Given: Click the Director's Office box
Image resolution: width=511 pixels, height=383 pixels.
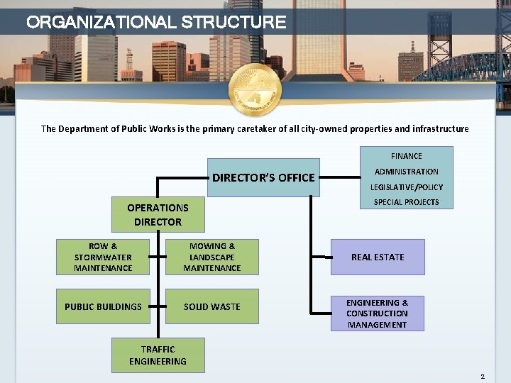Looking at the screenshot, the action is click(x=263, y=177).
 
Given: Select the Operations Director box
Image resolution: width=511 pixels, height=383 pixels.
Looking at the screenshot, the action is click(x=158, y=215).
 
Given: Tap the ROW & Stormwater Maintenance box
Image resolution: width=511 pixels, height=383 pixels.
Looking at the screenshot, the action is click(x=103, y=257).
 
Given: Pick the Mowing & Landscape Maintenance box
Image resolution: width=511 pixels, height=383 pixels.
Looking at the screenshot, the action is click(x=211, y=257).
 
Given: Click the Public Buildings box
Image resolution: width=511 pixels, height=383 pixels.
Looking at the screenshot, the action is click(x=103, y=306).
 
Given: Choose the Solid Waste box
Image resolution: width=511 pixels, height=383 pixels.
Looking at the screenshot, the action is click(x=211, y=306).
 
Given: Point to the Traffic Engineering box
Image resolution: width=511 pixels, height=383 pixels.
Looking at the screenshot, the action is click(x=158, y=355).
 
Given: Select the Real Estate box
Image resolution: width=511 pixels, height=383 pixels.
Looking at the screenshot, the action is click(x=378, y=257).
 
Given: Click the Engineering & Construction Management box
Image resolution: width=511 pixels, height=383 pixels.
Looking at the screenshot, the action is click(x=378, y=313).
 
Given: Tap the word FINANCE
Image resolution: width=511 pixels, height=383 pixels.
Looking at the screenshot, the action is click(x=406, y=156).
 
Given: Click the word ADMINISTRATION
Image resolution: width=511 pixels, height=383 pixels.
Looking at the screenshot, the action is click(x=406, y=172).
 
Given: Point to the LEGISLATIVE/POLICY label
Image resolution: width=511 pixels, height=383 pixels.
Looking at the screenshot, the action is click(x=406, y=187).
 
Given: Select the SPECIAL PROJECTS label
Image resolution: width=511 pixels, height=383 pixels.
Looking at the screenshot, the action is click(x=406, y=202).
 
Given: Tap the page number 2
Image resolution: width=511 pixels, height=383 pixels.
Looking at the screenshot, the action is click(x=482, y=376).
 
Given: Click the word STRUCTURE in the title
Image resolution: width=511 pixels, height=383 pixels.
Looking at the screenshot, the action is click(x=234, y=22).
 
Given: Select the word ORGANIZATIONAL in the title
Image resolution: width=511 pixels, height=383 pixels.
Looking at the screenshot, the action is click(x=101, y=22).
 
